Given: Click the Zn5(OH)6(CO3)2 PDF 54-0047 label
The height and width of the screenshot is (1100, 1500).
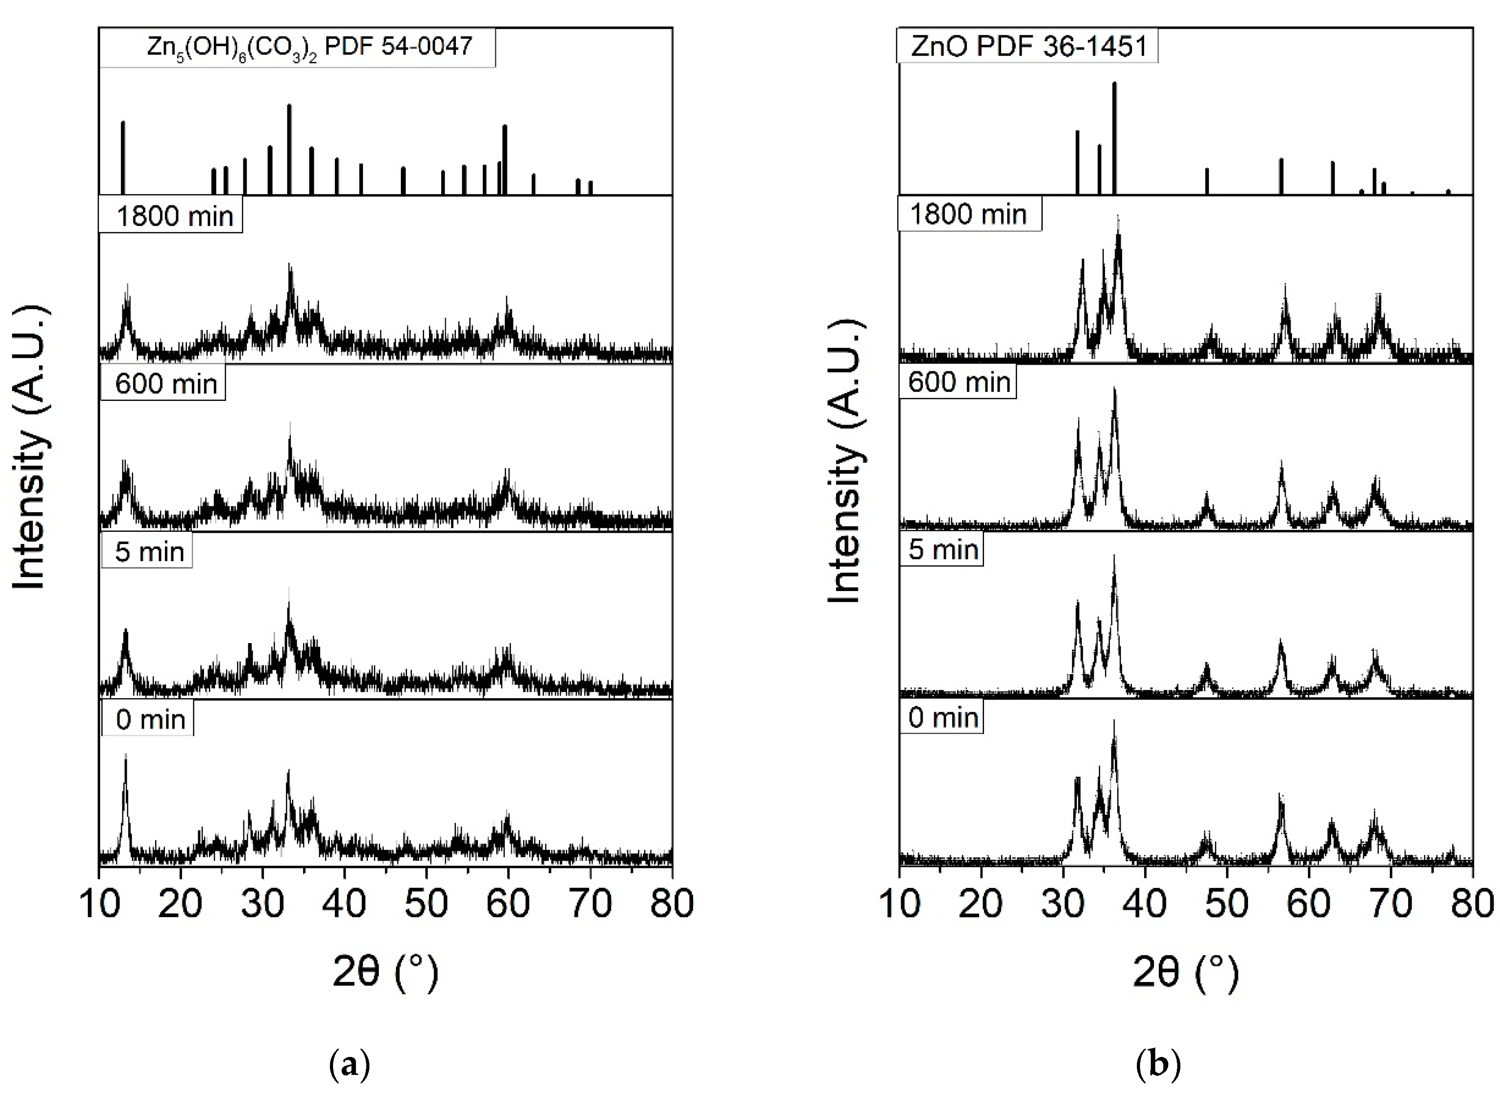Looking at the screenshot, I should pos(297,47).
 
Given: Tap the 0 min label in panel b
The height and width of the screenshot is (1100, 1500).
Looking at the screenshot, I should pos(942,718).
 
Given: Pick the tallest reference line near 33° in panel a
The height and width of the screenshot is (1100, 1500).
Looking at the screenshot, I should pos(289,149).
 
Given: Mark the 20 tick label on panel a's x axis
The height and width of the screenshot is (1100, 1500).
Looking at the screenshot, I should pos(180,904).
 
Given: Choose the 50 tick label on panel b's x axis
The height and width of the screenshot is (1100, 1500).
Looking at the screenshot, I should pos(1227,904).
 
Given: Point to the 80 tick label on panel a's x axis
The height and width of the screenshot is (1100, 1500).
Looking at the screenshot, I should pos(672,904).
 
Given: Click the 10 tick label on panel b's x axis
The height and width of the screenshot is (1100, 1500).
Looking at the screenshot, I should pos(899,904).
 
